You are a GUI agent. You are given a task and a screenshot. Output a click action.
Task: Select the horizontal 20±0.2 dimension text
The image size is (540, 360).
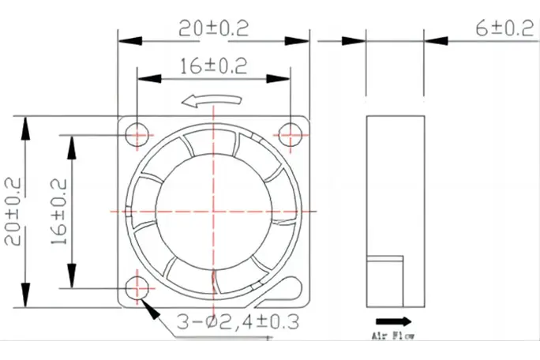click(x=213, y=28)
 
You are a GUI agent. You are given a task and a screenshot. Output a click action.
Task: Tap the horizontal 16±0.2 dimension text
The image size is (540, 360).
click(x=213, y=66)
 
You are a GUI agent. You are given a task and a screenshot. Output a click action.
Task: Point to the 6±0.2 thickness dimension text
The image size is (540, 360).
click(x=504, y=28)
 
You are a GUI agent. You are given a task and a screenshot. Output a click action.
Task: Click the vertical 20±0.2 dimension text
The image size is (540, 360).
click(x=13, y=211)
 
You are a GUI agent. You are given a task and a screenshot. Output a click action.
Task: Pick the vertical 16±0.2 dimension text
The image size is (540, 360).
click(x=59, y=212)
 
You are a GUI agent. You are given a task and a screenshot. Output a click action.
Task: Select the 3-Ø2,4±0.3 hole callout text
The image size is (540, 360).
click(x=238, y=322)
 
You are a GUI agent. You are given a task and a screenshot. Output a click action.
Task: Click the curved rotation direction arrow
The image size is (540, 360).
click(x=212, y=100)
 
